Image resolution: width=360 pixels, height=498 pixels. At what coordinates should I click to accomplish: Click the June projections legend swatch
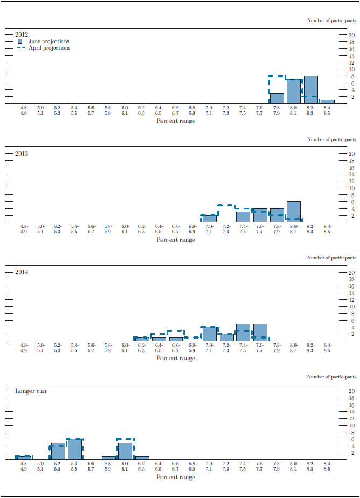[20, 41]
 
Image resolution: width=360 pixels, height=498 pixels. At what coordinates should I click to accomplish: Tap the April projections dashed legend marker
[20, 48]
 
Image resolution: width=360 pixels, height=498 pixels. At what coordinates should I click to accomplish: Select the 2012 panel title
[22, 34]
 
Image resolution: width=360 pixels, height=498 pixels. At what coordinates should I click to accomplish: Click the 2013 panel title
[22, 153]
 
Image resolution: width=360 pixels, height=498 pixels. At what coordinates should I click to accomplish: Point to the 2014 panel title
[22, 272]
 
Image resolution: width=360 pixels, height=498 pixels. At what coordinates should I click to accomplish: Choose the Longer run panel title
[31, 390]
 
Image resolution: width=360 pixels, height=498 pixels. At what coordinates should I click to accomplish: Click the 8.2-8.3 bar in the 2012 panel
[310, 89]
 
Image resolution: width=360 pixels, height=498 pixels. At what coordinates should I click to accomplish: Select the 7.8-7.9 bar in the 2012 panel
[277, 98]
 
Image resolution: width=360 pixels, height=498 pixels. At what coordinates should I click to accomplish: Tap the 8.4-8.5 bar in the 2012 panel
[327, 101]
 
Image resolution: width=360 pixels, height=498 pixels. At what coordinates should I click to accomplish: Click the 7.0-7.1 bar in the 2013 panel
[209, 219]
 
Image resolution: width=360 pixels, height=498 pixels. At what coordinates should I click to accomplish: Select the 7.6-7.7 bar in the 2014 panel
[260, 332]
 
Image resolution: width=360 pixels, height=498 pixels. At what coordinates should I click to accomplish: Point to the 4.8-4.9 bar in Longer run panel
[24, 458]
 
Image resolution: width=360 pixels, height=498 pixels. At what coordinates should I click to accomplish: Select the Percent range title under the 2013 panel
[175, 240]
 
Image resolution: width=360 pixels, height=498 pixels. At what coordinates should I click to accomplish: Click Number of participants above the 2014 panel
[332, 258]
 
